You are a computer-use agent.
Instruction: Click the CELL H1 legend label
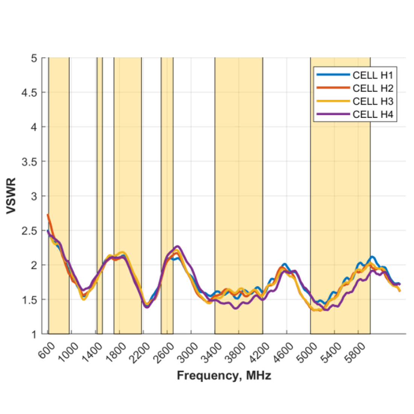click(373, 75)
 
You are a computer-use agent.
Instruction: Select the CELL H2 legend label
click(373, 88)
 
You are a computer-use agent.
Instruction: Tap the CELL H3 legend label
click(373, 101)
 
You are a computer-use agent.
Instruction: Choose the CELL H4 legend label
click(373, 114)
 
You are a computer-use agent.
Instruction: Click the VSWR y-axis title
click(11, 196)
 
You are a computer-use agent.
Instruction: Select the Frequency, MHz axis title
click(224, 376)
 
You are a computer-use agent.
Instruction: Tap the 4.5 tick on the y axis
click(29, 93)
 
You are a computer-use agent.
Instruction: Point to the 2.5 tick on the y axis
click(29, 231)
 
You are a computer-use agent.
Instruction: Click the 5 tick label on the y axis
click(34, 58)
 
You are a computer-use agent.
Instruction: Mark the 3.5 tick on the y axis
click(29, 162)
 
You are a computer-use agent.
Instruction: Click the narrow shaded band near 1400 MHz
click(100, 188)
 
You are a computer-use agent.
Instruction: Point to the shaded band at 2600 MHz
click(167, 188)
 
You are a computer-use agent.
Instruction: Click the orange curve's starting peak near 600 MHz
click(48, 215)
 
